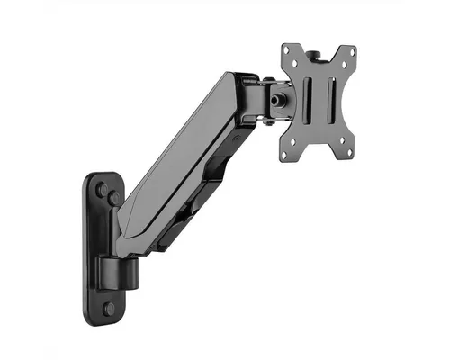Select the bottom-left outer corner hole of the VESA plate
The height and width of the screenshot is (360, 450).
284,155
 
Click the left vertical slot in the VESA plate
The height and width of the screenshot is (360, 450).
306,101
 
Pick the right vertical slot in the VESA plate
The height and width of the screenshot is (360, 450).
331,100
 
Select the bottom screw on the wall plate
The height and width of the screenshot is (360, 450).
110,307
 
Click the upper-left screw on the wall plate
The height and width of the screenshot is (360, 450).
102,190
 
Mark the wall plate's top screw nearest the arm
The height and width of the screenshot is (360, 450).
115,198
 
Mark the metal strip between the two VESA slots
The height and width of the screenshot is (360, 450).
319,100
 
